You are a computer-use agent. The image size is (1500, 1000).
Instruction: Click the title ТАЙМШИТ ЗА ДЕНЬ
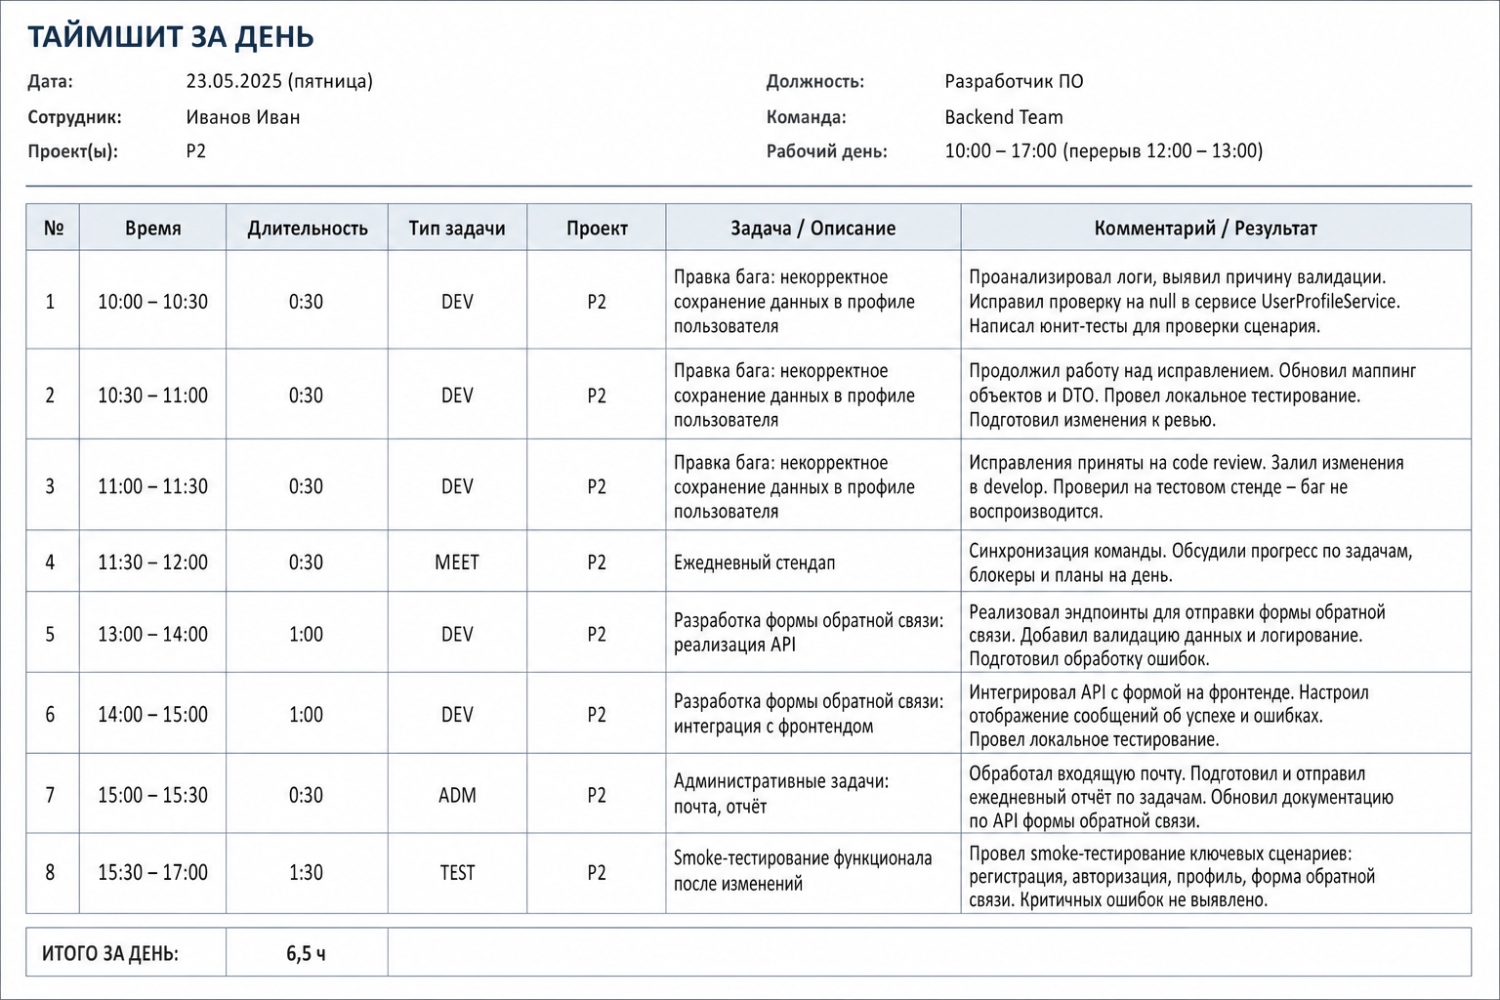pos(171,37)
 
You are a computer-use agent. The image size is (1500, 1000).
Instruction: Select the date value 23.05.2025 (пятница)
pos(279,82)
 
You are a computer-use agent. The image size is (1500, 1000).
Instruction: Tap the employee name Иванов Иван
pos(243,117)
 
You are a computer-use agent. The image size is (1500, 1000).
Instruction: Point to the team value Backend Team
pos(1004,117)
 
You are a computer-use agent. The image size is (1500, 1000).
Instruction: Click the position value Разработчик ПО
pos(1014,82)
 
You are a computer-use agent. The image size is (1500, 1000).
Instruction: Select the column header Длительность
pos(308,229)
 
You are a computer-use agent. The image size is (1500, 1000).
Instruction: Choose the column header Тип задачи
pos(457,229)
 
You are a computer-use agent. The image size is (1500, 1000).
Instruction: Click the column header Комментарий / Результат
pos(1205,229)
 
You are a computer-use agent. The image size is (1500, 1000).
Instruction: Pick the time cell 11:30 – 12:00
pos(152,562)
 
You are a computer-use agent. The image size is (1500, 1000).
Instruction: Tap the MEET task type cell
pos(457,562)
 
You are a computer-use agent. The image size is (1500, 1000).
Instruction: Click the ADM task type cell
pos(457,795)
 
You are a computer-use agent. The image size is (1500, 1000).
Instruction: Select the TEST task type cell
pos(457,873)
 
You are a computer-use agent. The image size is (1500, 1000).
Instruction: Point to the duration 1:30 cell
pos(306,873)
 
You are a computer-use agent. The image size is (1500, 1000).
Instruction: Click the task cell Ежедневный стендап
pos(755,562)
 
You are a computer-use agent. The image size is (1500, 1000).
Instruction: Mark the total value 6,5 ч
pos(306,953)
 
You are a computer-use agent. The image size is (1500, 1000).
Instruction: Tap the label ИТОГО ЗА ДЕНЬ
pos(110,953)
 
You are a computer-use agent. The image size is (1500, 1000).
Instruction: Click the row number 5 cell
pos(50,635)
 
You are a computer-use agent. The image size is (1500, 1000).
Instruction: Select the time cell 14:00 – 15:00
pos(152,715)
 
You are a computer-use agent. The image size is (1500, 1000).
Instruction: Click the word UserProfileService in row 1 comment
pos(1330,302)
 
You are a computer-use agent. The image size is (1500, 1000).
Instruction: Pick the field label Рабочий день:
pos(827,151)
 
